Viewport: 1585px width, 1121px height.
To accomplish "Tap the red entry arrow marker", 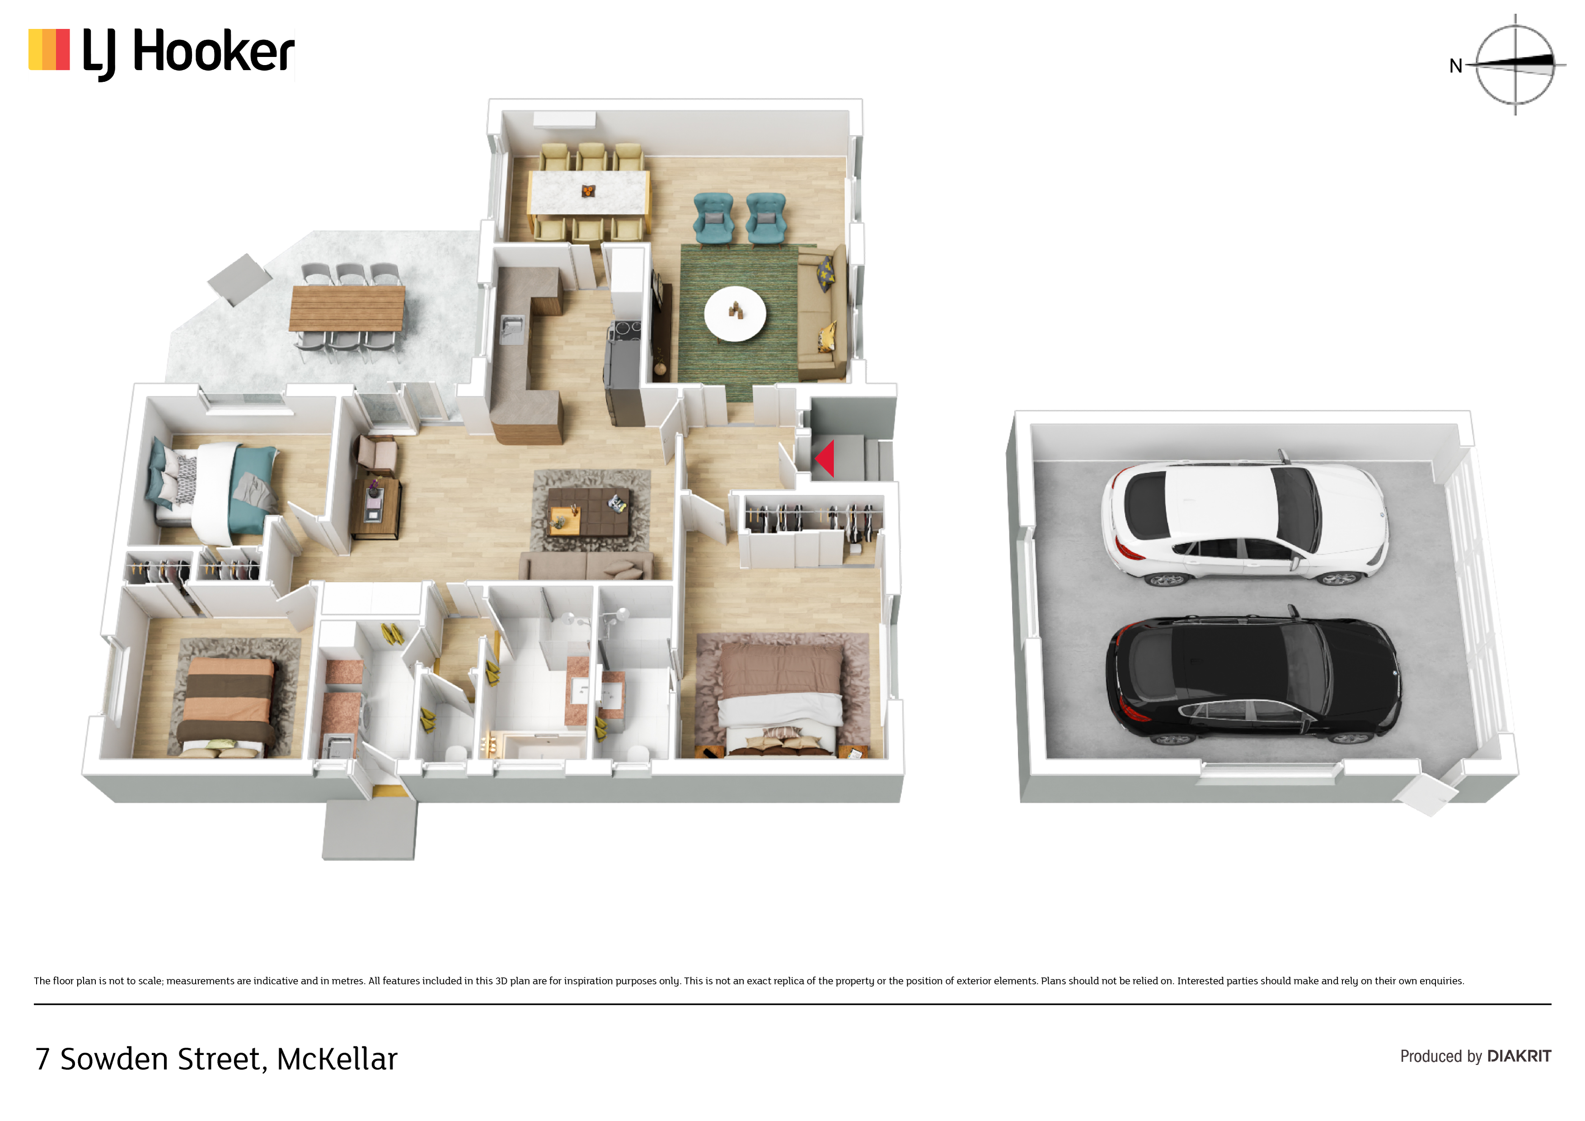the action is pyautogui.click(x=825, y=458).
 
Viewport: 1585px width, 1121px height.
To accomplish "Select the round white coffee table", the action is pyautogui.click(x=735, y=314).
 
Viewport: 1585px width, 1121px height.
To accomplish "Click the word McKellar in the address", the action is pyautogui.click(x=337, y=1059).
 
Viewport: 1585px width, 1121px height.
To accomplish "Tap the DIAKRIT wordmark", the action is pyautogui.click(x=1519, y=1056).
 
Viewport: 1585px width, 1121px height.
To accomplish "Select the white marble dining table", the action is pyautogui.click(x=589, y=193).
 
